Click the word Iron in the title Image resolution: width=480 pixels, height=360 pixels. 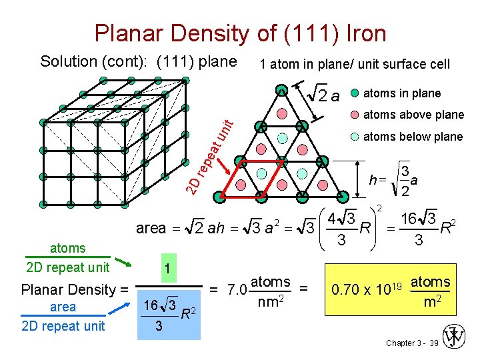click(359, 33)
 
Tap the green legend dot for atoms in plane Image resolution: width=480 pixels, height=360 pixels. click(355, 93)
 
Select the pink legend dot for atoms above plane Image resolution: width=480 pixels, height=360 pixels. click(355, 115)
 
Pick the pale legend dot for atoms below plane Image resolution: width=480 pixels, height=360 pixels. click(355, 137)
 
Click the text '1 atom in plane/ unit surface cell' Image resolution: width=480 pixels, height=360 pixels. click(355, 64)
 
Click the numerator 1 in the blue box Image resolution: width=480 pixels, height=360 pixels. click(169, 269)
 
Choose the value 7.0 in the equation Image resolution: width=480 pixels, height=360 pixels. click(237, 290)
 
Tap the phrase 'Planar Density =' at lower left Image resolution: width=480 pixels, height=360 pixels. click(74, 289)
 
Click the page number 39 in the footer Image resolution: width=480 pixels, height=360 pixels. click(433, 343)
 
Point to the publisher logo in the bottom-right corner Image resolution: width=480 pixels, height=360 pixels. click(457, 338)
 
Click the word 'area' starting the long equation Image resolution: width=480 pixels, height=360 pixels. click(151, 228)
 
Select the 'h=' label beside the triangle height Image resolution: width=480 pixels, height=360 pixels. click(378, 180)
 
